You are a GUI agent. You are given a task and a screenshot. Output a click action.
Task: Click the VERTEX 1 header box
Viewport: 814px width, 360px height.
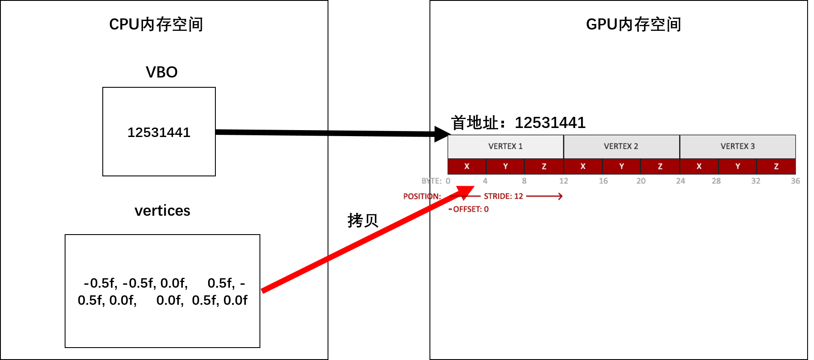coord(505,146)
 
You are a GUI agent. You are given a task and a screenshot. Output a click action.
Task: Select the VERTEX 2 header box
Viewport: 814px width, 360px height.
coord(621,146)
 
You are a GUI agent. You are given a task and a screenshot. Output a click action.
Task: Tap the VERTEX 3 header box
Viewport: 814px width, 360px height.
coord(737,146)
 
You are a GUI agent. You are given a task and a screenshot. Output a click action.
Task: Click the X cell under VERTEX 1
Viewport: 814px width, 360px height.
coord(467,167)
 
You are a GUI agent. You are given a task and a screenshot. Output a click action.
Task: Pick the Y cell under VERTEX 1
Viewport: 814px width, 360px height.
coord(505,167)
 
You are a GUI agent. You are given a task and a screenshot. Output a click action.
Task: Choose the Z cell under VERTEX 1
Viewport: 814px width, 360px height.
coord(544,167)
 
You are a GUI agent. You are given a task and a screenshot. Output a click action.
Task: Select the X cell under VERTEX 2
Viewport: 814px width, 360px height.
coord(583,167)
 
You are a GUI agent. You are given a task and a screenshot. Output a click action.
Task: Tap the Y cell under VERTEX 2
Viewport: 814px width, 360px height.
coord(621,167)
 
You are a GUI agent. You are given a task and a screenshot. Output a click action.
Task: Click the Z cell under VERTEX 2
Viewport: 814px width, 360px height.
coord(660,167)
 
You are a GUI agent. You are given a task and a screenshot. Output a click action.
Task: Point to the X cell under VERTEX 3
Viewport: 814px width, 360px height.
coord(699,167)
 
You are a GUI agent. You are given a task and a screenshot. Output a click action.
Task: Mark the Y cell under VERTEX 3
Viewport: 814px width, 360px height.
coord(737,167)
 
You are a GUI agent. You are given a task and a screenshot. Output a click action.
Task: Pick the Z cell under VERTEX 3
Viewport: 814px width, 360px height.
coord(776,167)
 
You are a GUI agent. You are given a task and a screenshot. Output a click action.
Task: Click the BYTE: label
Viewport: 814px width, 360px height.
coord(431,181)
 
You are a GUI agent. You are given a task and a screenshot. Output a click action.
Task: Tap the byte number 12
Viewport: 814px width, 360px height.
coord(564,181)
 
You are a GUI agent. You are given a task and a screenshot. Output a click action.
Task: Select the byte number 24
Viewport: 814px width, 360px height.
coord(680,181)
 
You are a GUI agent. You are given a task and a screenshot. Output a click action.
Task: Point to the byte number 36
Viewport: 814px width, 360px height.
coord(795,181)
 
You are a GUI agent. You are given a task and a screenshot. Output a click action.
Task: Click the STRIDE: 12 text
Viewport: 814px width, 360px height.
coord(504,196)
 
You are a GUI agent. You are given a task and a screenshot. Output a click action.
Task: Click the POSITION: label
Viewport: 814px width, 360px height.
coord(422,196)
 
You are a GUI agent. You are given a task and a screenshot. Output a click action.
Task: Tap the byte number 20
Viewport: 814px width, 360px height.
coord(641,181)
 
